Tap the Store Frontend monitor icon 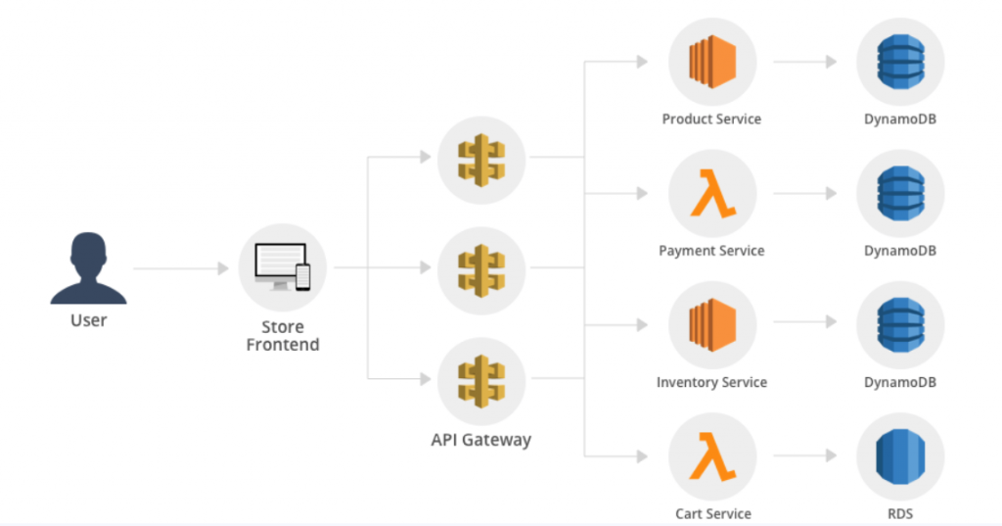282,266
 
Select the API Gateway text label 480,439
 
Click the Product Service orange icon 711,62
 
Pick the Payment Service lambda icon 711,194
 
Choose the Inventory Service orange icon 711,325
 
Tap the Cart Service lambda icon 711,456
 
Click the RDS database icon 899,456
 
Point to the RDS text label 899,513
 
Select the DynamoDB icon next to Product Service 899,62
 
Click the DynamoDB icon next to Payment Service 899,194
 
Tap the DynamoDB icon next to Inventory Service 899,325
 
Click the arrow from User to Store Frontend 181,267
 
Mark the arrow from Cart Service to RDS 803,456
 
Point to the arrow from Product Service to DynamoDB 803,62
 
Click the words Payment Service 711,251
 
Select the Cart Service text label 712,513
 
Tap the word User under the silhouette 88,320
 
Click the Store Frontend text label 282,335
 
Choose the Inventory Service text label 711,382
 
